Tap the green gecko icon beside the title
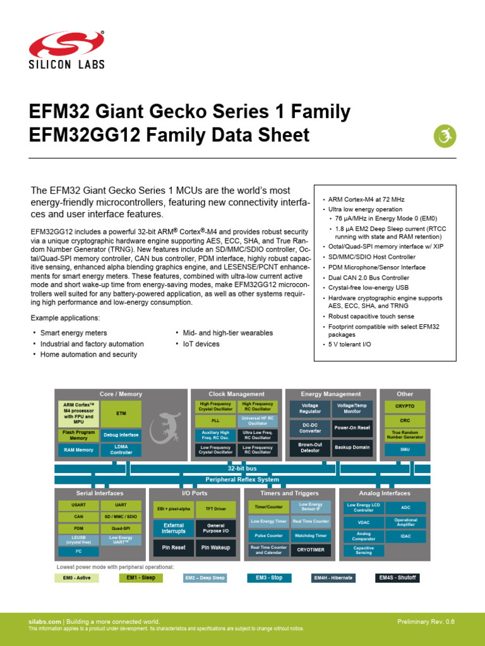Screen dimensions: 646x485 click(x=445, y=136)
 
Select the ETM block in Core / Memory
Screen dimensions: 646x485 click(x=121, y=414)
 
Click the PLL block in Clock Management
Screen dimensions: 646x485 click(x=216, y=421)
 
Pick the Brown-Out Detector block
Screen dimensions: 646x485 click(x=309, y=447)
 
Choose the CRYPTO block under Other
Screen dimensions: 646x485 click(x=405, y=406)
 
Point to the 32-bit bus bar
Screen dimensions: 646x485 click(x=242, y=469)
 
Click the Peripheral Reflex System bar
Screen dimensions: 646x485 click(x=242, y=479)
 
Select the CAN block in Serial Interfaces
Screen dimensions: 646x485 click(x=78, y=517)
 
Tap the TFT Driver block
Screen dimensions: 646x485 click(x=216, y=508)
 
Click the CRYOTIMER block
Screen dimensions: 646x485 click(x=311, y=549)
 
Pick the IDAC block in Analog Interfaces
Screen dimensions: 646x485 click(x=405, y=536)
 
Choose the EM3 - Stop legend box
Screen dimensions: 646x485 click(x=269, y=578)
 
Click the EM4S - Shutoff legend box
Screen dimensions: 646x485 click(x=398, y=578)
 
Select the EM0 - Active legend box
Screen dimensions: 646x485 click(x=76, y=578)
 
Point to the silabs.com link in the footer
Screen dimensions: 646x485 click(x=45, y=622)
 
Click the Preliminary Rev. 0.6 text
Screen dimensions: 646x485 click(x=425, y=622)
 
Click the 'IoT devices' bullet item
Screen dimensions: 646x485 click(x=201, y=344)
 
